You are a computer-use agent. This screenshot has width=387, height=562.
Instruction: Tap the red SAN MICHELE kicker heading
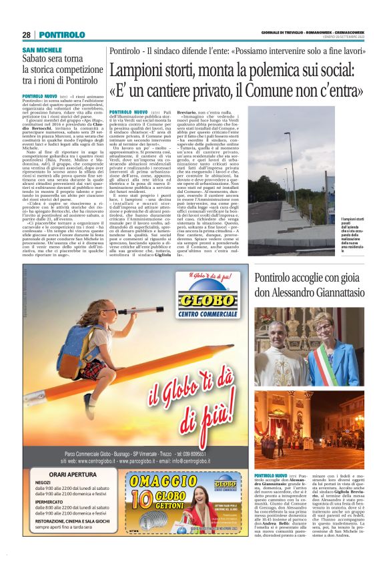[41, 50]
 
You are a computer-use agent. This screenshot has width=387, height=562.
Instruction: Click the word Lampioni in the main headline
[143, 71]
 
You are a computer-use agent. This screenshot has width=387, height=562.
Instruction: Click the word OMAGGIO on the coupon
[164, 481]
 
